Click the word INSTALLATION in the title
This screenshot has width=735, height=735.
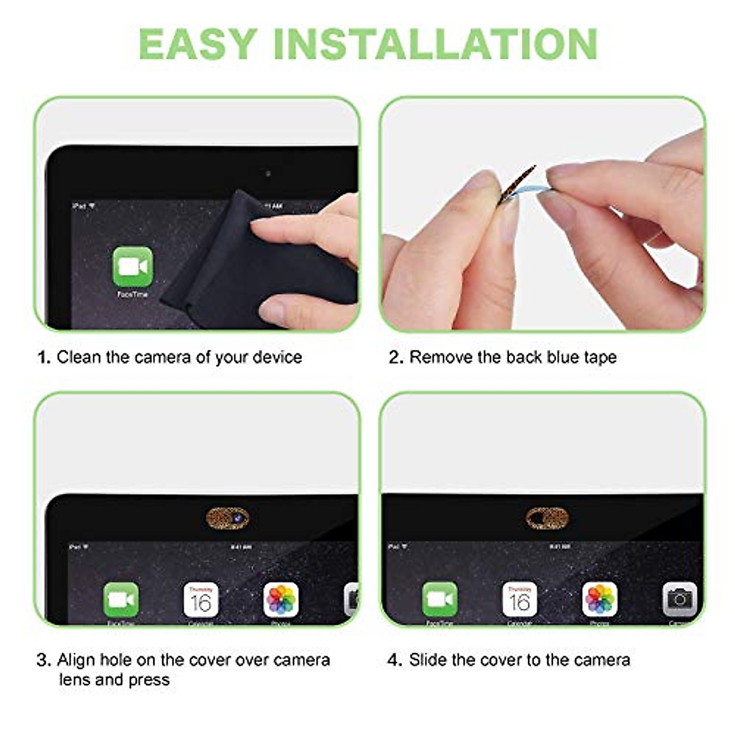point(435,43)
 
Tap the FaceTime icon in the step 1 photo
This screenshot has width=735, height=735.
point(132,266)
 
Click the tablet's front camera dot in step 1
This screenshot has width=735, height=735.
point(268,174)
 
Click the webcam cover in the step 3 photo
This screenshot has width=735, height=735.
point(228,519)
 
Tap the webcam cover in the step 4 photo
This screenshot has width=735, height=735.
point(547,519)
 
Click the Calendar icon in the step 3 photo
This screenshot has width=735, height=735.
point(201,600)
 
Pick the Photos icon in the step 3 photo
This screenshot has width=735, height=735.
point(281,600)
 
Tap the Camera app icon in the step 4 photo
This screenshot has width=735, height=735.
point(679,600)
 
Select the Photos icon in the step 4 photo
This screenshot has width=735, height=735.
point(600,600)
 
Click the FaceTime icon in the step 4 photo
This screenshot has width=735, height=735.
point(440,600)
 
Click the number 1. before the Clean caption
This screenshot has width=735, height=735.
point(43,357)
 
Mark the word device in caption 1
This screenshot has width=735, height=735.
point(277,357)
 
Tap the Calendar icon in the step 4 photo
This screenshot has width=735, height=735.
point(519,600)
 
